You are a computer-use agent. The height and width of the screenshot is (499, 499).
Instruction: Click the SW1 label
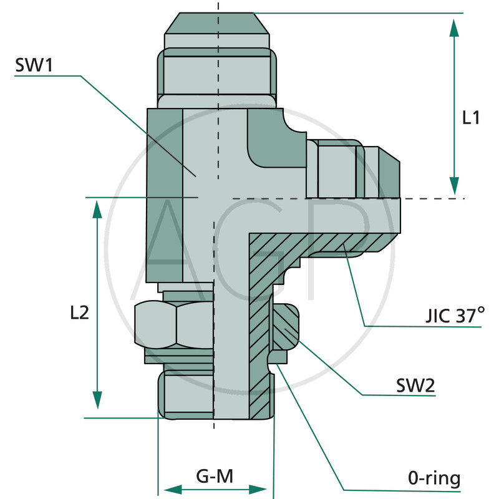click(35, 66)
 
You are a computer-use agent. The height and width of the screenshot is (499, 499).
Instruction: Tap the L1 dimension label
click(471, 117)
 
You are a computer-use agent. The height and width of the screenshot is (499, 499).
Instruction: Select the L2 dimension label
click(79, 312)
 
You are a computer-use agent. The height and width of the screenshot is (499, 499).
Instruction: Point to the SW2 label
click(415, 385)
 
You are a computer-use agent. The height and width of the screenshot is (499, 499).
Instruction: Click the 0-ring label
click(434, 478)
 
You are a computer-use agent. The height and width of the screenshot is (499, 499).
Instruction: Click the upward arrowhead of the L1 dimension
click(454, 29)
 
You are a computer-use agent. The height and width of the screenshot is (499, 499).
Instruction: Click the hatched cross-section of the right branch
click(312, 245)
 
